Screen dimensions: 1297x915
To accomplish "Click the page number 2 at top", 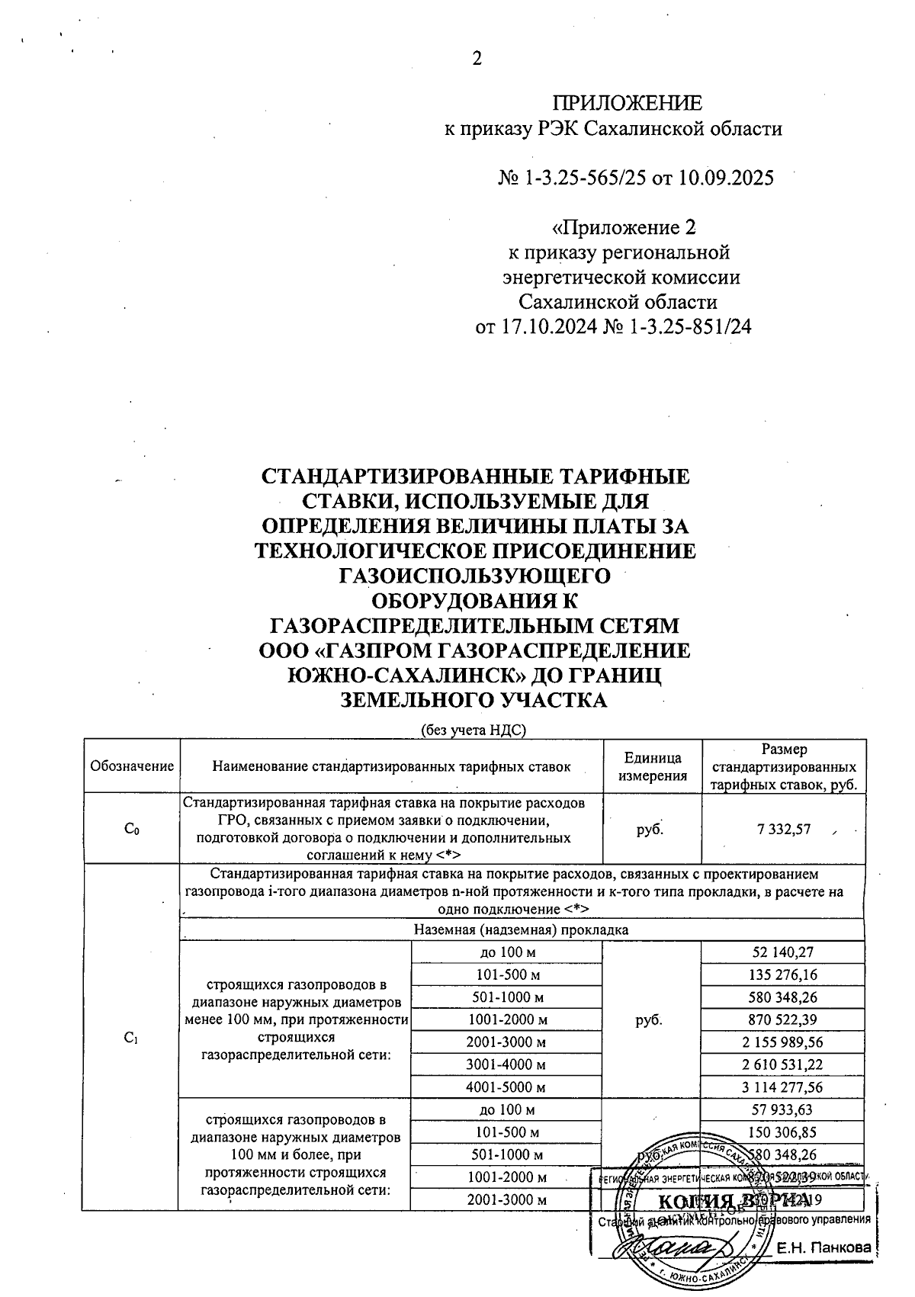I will coord(477,59).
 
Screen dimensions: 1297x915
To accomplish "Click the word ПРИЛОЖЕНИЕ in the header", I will coord(626,104).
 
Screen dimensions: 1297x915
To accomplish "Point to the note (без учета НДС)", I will coord(475,730).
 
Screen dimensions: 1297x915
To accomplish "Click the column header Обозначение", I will coord(132,766).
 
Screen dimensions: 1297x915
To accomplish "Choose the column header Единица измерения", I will coord(652,766).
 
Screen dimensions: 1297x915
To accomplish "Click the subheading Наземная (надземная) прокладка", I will coord(521,930).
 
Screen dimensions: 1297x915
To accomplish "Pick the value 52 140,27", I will coord(783,952).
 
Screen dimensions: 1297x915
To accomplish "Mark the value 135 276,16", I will coord(783,974).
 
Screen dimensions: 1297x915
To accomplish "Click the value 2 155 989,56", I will coord(783,1042).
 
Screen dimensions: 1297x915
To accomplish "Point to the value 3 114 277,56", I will coord(783,1087).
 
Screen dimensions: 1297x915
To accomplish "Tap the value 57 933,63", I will coord(783,1109).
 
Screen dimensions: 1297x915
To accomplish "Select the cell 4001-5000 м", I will coord(506,1087).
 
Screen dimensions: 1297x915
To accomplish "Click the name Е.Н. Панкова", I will coord(823,1248).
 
